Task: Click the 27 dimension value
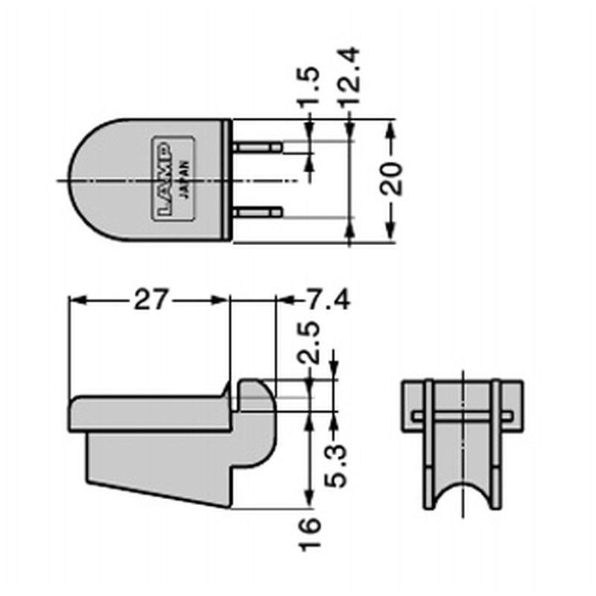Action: coord(150,300)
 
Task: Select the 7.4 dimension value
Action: coord(328,300)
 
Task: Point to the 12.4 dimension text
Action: coord(349,76)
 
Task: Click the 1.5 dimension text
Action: coord(308,88)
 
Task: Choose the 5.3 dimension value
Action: coord(336,466)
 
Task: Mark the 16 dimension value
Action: coord(310,534)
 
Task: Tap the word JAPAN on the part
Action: coord(184,179)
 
